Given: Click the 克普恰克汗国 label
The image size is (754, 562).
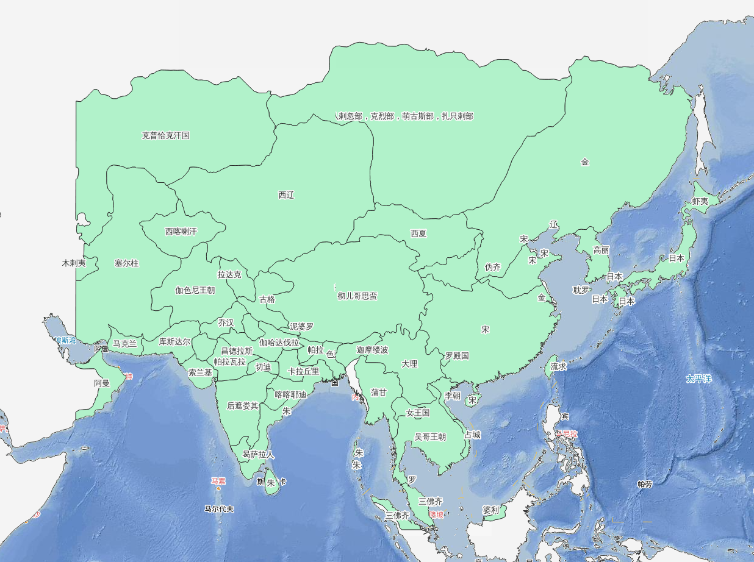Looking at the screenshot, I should tap(166, 135).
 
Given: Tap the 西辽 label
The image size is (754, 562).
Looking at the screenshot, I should tap(286, 195).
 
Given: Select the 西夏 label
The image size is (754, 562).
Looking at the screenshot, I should tap(418, 233).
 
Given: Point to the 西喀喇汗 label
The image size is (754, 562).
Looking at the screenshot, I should tap(181, 232).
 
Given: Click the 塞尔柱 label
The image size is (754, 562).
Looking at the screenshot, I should tap(127, 263).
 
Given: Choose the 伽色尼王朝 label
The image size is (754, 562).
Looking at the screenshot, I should tap(195, 290).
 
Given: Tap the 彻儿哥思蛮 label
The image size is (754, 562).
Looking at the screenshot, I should tap(357, 296).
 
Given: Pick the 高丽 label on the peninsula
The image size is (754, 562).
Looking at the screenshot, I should tap(601, 250).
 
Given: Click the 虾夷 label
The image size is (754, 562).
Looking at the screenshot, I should tap(700, 201).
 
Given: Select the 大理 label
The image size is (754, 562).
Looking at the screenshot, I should tap(409, 364).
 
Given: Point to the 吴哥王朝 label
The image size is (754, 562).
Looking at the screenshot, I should tap(430, 436).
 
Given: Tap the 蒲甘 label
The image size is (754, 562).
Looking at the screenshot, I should tap(379, 393).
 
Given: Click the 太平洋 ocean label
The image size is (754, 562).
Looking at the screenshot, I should tap(699, 379).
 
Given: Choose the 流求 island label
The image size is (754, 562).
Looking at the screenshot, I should tap(559, 367).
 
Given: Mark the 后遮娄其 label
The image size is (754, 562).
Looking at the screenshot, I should tap(243, 405).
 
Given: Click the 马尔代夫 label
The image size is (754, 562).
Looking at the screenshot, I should tap(220, 508).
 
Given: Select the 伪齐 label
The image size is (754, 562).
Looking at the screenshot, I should tap(492, 267).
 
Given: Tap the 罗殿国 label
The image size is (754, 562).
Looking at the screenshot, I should tap(457, 355).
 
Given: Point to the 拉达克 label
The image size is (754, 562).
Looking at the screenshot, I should tap(229, 275).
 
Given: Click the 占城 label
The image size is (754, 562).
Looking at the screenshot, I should tap(472, 435).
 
